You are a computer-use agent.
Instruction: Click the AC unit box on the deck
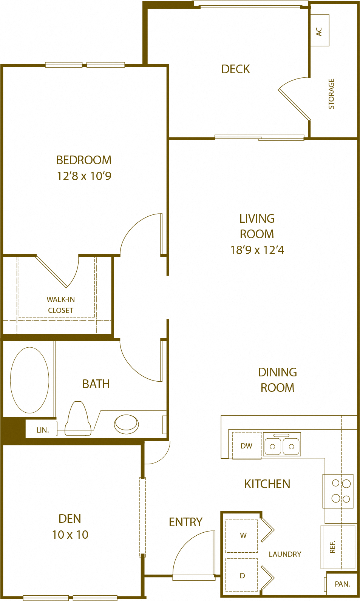coord(320,31)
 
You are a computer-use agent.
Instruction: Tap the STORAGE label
coord(331,94)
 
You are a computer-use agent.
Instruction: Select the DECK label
coord(236,69)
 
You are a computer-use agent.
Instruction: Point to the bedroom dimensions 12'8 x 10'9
coord(84,176)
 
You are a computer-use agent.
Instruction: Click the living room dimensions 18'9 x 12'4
coord(257,250)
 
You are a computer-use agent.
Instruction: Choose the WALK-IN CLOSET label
coord(61,305)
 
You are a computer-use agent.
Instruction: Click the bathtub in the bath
coord(29,380)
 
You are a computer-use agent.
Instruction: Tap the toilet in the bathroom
coord(78,419)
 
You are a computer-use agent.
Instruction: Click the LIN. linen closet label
coord(43,430)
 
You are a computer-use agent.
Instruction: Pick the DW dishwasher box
coord(247,446)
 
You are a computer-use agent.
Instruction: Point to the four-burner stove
coord(338,491)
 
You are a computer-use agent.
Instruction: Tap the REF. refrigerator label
coord(332,547)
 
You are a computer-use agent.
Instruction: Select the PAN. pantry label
coord(342,584)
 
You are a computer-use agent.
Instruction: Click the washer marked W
coord(242,536)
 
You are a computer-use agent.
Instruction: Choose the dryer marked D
coord(242,575)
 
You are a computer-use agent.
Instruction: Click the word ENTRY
coord(185,522)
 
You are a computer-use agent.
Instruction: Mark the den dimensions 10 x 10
coord(70,535)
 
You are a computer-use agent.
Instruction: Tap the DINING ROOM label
coord(277,380)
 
